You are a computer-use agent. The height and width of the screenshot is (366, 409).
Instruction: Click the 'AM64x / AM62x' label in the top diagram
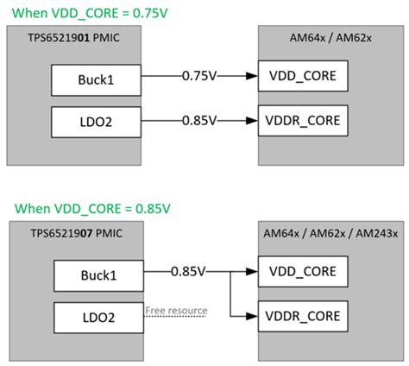(331, 41)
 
